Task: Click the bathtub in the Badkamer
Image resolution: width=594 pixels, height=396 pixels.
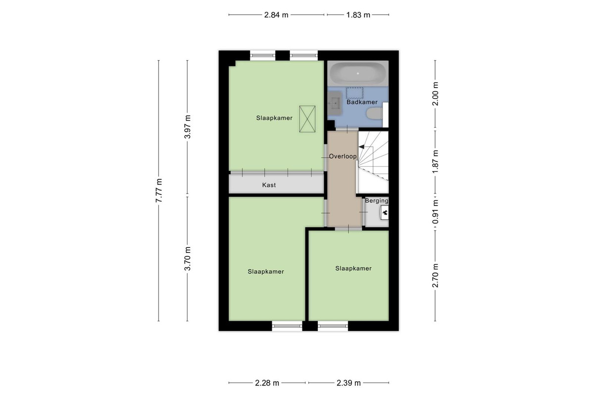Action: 358,73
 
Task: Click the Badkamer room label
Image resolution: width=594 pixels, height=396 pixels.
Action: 362,102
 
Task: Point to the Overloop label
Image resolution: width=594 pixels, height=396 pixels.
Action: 343,156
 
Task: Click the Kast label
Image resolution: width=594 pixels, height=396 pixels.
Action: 269,185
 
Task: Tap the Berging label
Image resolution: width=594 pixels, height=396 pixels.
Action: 377,201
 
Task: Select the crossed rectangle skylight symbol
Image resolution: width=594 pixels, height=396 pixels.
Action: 307,119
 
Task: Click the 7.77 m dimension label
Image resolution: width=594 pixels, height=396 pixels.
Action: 158,191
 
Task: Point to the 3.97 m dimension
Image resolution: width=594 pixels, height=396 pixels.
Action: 187,127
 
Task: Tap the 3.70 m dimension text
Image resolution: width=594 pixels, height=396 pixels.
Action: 187,258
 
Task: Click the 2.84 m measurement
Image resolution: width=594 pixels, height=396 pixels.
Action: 276,15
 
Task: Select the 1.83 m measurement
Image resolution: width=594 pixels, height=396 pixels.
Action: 358,15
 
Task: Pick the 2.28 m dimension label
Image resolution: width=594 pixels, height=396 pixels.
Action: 267,383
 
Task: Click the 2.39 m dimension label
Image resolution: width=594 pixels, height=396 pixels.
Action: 348,383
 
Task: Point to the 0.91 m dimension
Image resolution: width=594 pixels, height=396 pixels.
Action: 435,211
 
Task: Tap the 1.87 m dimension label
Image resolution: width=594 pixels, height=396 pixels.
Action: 435,161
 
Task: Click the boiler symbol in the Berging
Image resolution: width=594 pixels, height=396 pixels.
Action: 385,212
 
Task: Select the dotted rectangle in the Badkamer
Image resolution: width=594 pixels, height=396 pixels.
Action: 354,93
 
